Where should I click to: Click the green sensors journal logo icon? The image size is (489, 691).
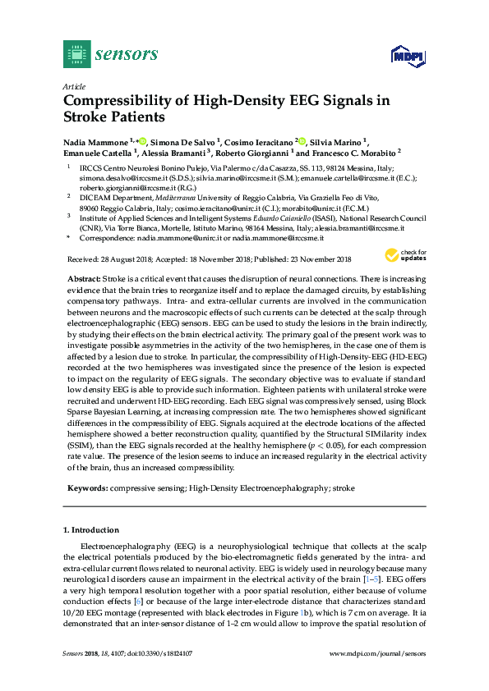[77, 54]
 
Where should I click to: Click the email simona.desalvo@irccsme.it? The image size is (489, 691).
[120, 177]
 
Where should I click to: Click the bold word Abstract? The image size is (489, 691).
[83, 280]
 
